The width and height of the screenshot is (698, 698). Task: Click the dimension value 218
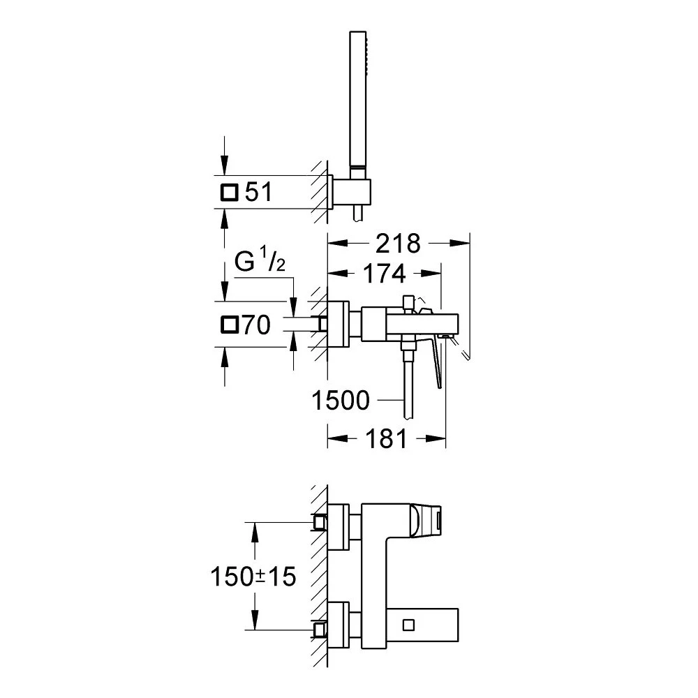tap(397, 243)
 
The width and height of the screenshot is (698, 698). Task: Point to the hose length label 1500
tap(341, 401)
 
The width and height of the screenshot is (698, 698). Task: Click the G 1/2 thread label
tap(258, 264)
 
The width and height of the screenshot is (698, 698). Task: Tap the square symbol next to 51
tap(230, 192)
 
